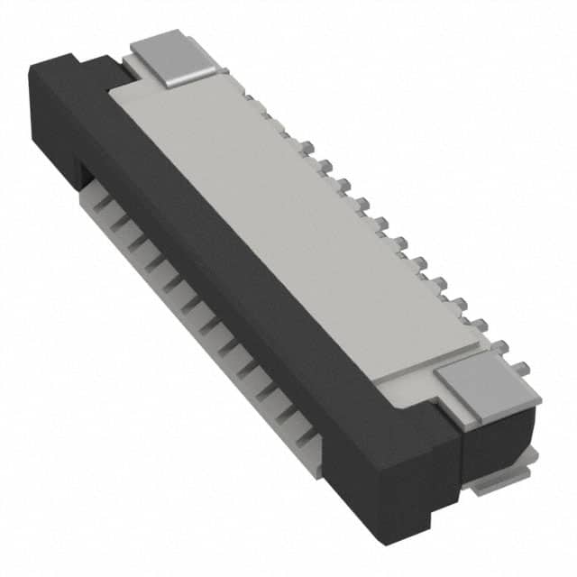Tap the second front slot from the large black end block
290,414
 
